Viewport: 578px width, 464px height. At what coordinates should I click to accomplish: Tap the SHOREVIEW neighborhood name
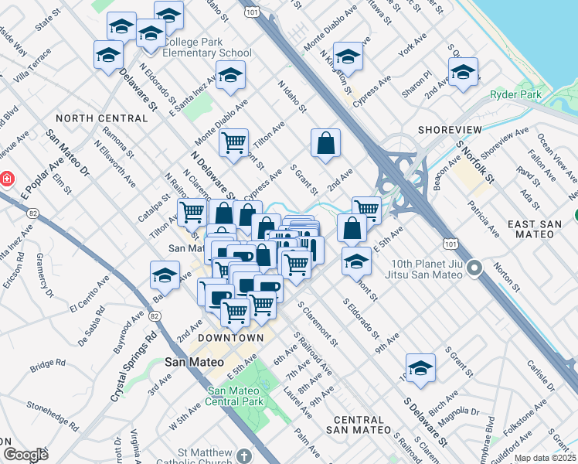pyautogui.click(x=449, y=129)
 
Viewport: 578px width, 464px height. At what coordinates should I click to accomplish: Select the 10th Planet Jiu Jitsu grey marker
pyautogui.click(x=474, y=269)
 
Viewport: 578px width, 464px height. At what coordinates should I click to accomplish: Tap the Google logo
pyautogui.click(x=25, y=455)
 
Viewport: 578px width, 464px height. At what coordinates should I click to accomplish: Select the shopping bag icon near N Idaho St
pyautogui.click(x=325, y=143)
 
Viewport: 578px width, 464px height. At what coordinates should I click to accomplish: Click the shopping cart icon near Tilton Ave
pyautogui.click(x=233, y=142)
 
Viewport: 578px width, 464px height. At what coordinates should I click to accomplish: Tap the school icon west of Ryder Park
pyautogui.click(x=462, y=73)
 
